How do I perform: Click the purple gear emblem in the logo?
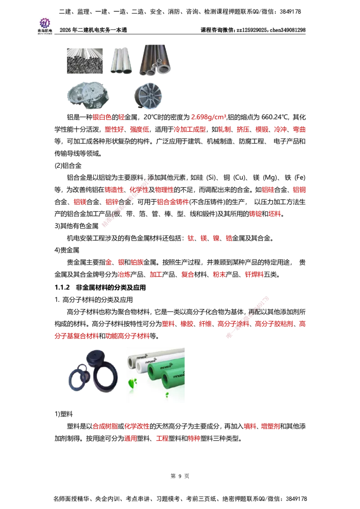click(x=45, y=22)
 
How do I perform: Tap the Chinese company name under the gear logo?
click(x=45, y=31)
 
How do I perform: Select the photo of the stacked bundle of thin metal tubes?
click(x=84, y=61)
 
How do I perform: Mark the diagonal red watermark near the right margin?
click(x=247, y=317)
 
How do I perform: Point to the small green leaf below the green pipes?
click(x=167, y=395)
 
